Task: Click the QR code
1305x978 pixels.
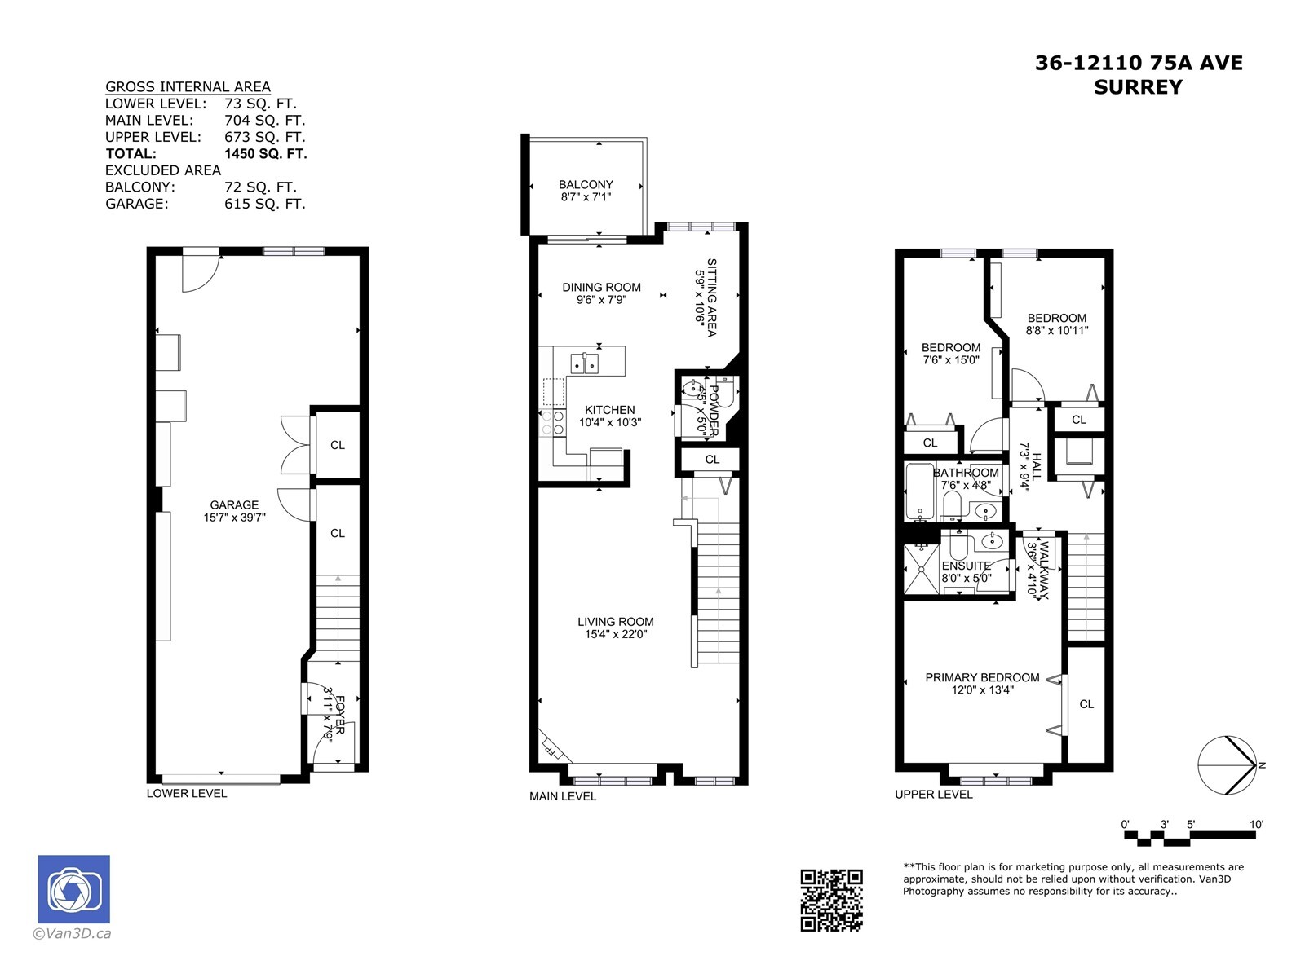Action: [x=831, y=901]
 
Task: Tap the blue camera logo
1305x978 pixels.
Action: [x=73, y=889]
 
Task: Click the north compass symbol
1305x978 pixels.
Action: [x=1228, y=765]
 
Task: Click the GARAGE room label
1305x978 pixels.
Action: [x=234, y=504]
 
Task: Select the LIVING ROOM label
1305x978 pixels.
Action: [x=615, y=622]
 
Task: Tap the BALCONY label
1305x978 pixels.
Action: [x=586, y=185]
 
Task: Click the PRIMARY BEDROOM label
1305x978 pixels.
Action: [x=982, y=677]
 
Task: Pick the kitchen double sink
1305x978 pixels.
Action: [x=585, y=363]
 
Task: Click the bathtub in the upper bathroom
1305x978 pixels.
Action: [x=919, y=491]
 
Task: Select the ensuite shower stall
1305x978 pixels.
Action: [x=922, y=569]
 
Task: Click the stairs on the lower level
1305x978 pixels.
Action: [x=338, y=618]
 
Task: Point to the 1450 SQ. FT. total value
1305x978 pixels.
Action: [x=266, y=154]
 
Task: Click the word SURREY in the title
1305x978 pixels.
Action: [x=1139, y=87]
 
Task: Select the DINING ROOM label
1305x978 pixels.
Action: [x=602, y=288]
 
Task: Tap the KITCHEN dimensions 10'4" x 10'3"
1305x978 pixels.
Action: [x=610, y=422]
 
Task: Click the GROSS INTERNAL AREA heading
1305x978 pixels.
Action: [x=188, y=86]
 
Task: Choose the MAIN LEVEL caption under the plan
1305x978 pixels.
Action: [x=563, y=796]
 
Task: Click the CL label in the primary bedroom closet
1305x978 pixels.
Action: [x=1086, y=704]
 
